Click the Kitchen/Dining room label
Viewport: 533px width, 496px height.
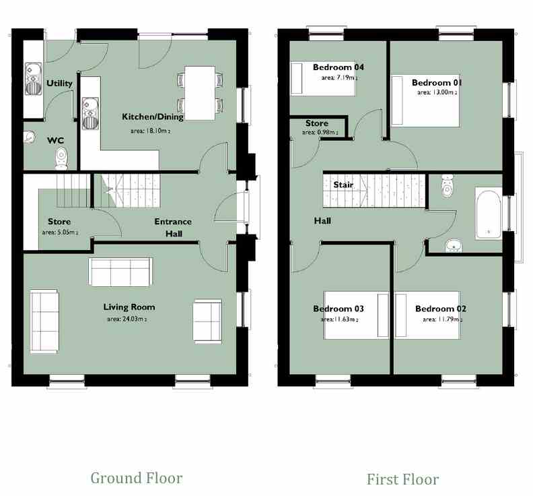pos(153,117)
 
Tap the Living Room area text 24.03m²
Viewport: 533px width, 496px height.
pos(127,319)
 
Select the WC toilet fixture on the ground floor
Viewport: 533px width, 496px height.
pos(61,158)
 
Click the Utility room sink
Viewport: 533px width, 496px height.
pos(34,79)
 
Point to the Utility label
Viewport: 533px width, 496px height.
pos(59,84)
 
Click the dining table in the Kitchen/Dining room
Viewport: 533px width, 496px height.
pos(200,93)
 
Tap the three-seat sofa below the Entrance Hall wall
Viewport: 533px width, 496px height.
pos(120,272)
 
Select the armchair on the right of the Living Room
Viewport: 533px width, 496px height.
pos(207,321)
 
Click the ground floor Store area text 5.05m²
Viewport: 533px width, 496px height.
pos(60,233)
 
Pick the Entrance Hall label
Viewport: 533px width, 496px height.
pos(173,227)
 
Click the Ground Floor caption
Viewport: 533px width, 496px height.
pos(137,478)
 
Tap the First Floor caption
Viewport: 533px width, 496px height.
pos(402,479)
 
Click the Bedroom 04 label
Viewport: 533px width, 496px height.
pos(339,67)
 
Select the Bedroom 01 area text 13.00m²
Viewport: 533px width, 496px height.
pos(437,92)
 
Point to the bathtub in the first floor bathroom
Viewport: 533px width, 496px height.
pos(488,214)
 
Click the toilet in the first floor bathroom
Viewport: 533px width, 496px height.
pos(448,186)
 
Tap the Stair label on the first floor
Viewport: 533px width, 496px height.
pos(343,185)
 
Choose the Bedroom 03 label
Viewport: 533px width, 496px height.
pos(339,309)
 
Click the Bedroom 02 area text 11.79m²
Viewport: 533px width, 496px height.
pos(443,319)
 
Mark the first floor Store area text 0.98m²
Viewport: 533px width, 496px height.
pos(320,132)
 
